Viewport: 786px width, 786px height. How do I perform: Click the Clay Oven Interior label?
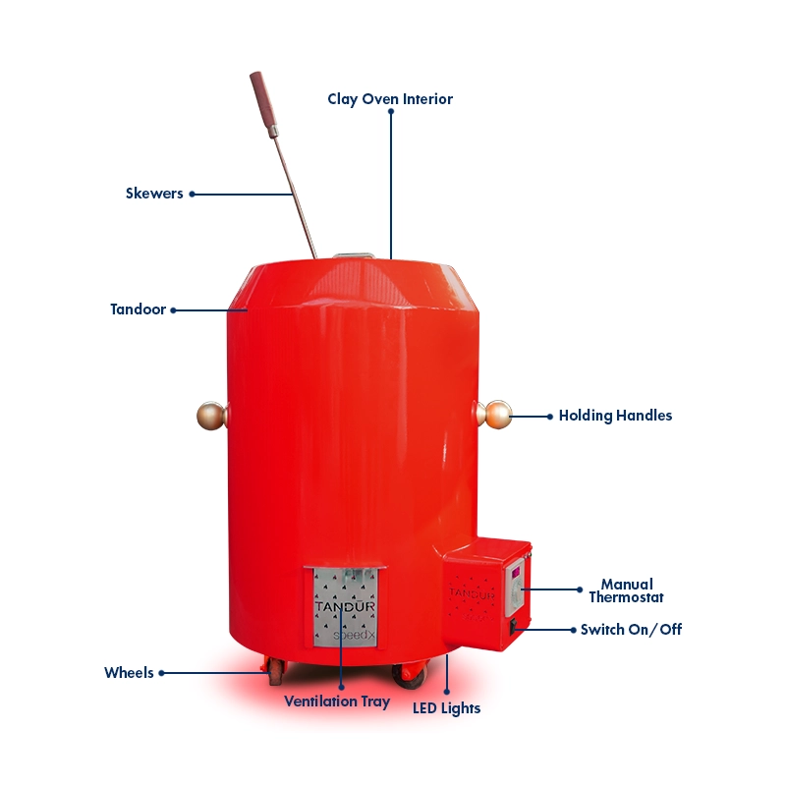click(x=390, y=99)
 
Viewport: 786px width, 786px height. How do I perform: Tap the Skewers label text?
click(x=154, y=194)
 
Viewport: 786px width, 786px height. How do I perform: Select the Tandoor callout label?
click(x=139, y=309)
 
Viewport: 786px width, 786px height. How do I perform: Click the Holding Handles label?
click(x=616, y=416)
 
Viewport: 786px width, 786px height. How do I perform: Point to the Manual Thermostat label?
click(x=627, y=590)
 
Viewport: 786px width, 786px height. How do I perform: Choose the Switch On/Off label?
click(x=631, y=630)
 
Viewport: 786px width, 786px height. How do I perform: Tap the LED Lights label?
click(x=447, y=708)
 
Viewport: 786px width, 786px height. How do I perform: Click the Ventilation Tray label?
click(x=337, y=702)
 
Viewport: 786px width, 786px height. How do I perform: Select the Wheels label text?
click(x=129, y=673)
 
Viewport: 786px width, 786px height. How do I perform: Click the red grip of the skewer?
click(x=263, y=103)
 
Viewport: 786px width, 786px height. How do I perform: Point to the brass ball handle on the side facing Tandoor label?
click(x=212, y=416)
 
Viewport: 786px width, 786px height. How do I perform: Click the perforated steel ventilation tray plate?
click(x=345, y=607)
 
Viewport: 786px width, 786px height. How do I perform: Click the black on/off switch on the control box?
click(x=513, y=627)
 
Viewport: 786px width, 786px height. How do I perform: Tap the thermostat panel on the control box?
click(x=515, y=588)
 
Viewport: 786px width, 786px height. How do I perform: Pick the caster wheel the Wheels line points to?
click(x=276, y=672)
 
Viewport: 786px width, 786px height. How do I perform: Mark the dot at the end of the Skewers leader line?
click(x=192, y=194)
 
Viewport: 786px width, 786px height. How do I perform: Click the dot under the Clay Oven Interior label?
click(x=391, y=111)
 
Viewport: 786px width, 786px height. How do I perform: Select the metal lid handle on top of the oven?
click(x=354, y=256)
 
